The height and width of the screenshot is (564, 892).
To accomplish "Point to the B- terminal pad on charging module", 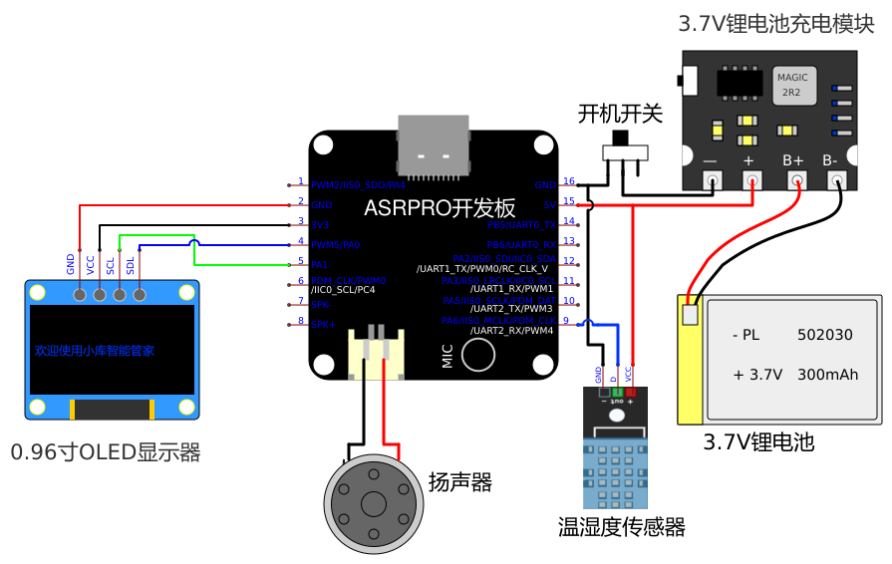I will (x=837, y=180).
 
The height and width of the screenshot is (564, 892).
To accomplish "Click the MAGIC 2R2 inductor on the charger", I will (x=792, y=84).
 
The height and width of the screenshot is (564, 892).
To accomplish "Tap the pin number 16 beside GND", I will (x=569, y=181).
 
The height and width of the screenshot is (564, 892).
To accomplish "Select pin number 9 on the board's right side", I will (x=565, y=320).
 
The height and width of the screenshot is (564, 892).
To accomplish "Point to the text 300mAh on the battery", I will (x=828, y=376).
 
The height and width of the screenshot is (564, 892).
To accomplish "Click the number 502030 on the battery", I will (x=824, y=336).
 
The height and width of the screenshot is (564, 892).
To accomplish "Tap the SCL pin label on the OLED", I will (x=111, y=264).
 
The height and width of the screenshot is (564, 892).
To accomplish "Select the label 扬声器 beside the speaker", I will (x=460, y=483).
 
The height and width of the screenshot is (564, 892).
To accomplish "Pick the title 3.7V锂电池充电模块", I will (x=775, y=24).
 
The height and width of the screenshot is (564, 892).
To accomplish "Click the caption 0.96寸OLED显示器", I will (x=106, y=453).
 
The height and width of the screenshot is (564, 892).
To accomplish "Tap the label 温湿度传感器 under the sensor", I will (x=621, y=527).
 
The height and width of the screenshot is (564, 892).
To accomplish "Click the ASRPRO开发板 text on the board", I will (x=440, y=208).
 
